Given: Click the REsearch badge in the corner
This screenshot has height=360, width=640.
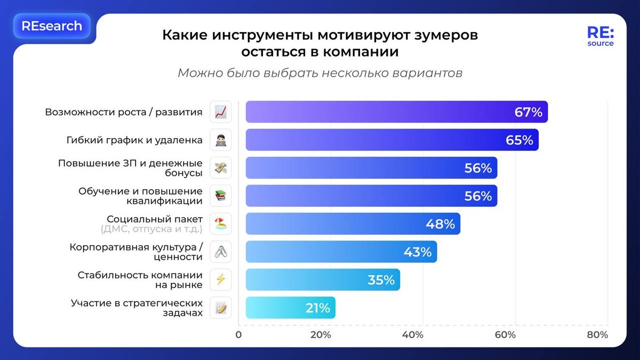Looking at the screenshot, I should pos(52,26).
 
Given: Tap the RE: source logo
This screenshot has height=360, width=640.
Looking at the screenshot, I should pos(601,36).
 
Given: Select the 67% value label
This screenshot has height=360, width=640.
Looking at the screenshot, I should pos(528,112).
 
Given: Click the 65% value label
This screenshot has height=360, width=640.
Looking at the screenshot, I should pos(519,140).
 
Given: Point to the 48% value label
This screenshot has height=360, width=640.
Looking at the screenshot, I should pos(440,224).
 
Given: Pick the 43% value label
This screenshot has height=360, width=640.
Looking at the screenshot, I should pos(417,252).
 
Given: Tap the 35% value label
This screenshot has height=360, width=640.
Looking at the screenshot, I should pos(381,280).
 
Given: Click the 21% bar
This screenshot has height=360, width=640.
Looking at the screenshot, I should pos(290,308).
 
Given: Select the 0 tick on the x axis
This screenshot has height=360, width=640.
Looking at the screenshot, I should pos(238,335).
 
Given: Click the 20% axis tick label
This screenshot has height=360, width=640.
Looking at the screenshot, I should pos(320,335).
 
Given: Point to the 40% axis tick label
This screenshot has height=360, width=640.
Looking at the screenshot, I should pos(412,335).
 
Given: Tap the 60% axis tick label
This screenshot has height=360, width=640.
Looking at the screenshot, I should pos(505,335).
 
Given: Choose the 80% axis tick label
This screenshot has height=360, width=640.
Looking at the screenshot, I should pos(597,335).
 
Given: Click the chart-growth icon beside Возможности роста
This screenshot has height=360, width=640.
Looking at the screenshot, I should pos(221,112).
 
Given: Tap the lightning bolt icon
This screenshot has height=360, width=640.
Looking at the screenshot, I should pos(221,280).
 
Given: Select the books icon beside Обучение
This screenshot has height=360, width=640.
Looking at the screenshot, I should pos(221,196).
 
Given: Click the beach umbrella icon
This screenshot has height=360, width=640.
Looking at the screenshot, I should pos(221,224).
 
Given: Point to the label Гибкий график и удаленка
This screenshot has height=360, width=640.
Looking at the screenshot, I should pos(134,140).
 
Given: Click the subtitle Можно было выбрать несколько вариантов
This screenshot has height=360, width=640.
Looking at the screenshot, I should pos(319,73).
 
